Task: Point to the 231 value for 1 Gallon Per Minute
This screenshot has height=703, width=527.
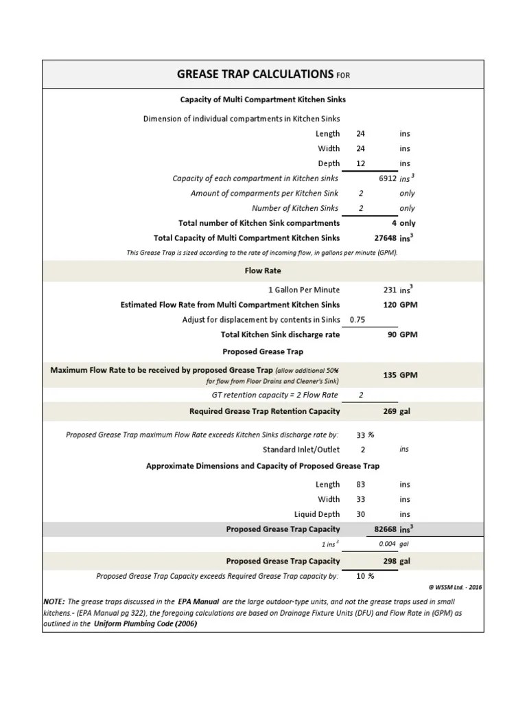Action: tap(389, 290)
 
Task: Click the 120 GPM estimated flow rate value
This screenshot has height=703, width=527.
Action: tap(389, 305)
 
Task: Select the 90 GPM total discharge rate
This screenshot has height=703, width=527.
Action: tap(391, 334)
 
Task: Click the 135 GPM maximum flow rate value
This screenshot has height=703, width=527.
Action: tap(389, 375)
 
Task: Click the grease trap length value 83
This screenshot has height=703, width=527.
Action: tap(361, 484)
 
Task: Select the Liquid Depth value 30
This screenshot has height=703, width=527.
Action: tap(361, 514)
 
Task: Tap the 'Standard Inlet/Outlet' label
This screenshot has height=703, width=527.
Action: tap(301, 449)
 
